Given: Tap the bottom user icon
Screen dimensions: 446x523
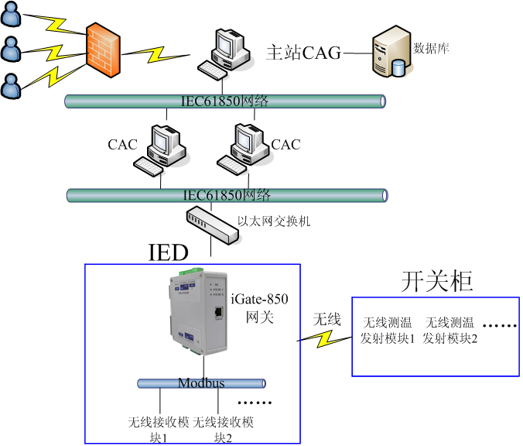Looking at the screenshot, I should pos(12,85).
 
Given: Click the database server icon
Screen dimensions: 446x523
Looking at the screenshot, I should pos(391,52).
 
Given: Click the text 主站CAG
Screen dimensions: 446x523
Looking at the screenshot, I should pos(304,53).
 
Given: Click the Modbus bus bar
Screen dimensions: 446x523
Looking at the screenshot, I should pos(201,383).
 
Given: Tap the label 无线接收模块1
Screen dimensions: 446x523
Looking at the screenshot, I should pos(158,430).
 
